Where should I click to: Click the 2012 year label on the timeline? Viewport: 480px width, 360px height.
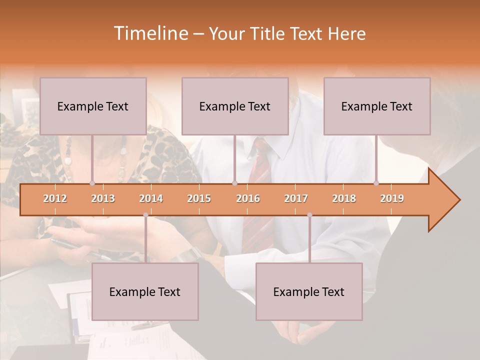[55, 198]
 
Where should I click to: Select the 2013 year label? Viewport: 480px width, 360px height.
[103, 198]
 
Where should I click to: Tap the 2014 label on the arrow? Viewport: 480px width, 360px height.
[151, 198]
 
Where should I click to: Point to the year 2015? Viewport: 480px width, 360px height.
[199, 198]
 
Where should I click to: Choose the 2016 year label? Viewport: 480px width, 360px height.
[248, 198]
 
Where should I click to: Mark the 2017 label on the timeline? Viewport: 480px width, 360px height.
[296, 198]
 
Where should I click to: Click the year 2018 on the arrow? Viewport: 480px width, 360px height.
[344, 198]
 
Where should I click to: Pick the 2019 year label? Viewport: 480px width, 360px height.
[392, 198]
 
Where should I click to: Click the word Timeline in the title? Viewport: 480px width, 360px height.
[150, 33]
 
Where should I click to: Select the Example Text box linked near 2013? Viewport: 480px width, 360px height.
[93, 106]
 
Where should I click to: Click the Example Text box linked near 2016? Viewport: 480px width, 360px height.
[235, 106]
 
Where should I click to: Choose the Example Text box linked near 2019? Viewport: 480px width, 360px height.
[377, 106]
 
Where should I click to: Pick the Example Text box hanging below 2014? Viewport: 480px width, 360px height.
[145, 291]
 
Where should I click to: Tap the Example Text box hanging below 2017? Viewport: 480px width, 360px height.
[309, 291]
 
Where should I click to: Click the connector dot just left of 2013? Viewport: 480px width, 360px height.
[92, 183]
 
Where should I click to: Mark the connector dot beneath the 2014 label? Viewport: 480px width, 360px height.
[145, 215]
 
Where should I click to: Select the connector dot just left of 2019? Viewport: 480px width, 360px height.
[376, 183]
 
